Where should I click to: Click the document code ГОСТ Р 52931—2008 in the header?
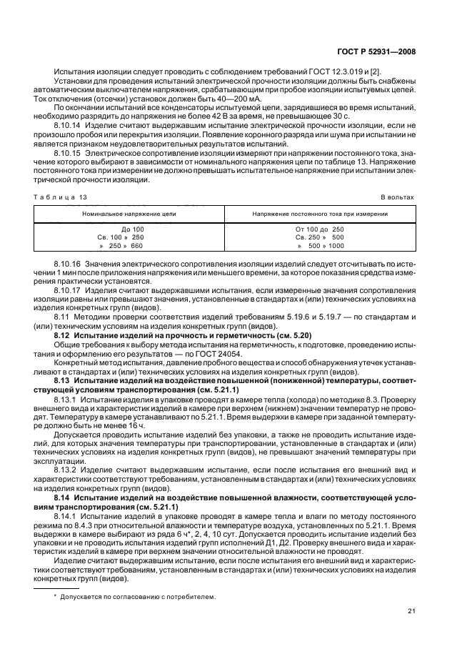[x=378, y=51]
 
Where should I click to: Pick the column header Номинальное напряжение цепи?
[x=129, y=213]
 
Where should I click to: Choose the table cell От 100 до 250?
[x=319, y=229]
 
